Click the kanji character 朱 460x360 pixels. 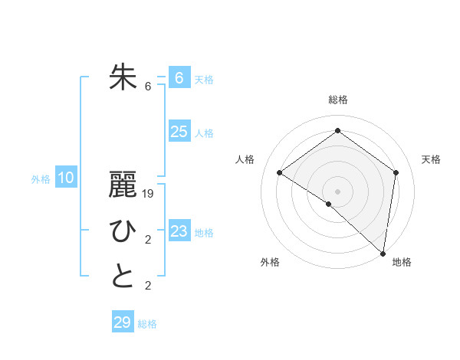pos(123,77)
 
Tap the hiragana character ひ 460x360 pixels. pos(123,231)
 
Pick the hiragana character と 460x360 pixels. pos(123,277)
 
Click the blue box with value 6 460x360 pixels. pos(179,77)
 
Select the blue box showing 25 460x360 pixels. pos(179,132)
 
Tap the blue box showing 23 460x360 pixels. pos(179,231)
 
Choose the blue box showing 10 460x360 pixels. pos(66,178)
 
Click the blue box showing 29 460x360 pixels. pos(123,322)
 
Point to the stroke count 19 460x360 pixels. pos(149,195)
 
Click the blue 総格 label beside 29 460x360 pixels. pos(148,324)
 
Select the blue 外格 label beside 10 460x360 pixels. pos(41,179)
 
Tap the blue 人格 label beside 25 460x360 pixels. pos(204,133)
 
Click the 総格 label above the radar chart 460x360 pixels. pos(337,100)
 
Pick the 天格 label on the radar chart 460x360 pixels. pos(432,159)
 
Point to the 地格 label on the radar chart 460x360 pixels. pos(402,263)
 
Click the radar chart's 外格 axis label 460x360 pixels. pos(270,263)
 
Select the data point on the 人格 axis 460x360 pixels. pos(280,172)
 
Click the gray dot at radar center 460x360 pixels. pos(337,191)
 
